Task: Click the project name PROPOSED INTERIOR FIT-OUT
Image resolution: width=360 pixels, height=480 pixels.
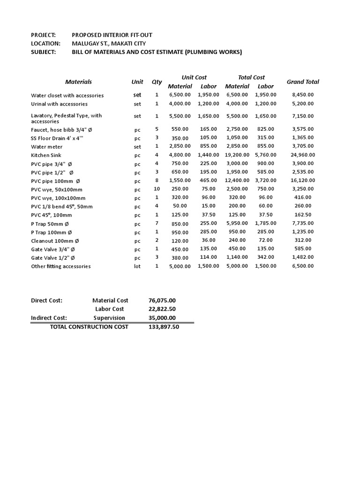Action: (x=112, y=35)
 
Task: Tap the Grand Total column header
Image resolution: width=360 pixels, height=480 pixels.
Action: (x=303, y=82)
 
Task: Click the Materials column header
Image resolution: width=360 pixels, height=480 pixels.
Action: (x=78, y=82)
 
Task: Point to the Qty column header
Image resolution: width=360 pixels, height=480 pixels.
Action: (x=157, y=82)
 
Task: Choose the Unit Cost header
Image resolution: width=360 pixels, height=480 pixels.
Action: (x=194, y=77)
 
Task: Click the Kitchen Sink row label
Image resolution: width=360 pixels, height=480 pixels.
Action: (x=46, y=155)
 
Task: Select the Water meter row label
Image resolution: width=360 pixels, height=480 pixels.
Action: (x=46, y=147)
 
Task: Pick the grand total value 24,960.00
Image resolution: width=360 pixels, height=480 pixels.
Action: (x=303, y=155)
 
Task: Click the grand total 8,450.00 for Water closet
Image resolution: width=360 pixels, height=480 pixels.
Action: (x=303, y=95)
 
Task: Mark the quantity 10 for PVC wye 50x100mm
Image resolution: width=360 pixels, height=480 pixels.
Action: (x=157, y=189)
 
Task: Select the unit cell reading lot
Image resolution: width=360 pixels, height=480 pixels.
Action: (x=137, y=266)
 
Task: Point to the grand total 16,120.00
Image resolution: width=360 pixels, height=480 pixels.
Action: (x=303, y=180)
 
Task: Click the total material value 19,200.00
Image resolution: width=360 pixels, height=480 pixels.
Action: (x=237, y=155)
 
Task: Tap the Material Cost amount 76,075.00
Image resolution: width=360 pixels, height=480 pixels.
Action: (x=162, y=300)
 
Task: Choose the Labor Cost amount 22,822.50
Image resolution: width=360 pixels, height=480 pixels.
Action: (x=162, y=309)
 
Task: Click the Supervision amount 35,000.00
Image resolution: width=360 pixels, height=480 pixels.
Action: (x=162, y=318)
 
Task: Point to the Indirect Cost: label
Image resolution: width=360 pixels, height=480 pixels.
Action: (x=49, y=318)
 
